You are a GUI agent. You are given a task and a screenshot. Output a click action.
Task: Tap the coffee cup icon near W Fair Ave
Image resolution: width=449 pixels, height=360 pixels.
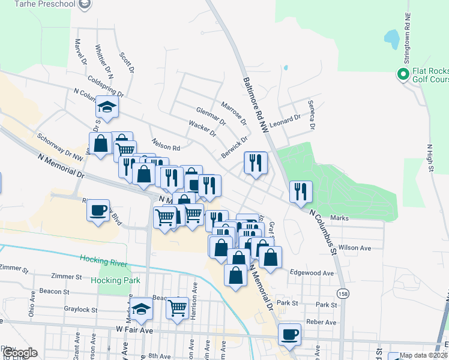(290, 334)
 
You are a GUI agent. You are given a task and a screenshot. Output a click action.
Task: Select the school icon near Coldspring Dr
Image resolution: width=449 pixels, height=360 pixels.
(106, 107)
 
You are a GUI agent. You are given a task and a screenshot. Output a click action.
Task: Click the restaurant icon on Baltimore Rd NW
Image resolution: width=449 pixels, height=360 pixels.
(256, 161)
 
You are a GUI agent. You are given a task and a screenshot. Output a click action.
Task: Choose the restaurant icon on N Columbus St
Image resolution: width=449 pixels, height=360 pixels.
(300, 191)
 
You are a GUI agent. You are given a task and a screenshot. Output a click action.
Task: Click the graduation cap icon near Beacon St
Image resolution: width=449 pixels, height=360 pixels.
(142, 308)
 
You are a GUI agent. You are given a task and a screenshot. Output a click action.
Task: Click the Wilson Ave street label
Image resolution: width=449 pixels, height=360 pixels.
(355, 247)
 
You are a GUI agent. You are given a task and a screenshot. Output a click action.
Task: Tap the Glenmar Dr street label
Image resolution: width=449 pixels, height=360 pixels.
(210, 116)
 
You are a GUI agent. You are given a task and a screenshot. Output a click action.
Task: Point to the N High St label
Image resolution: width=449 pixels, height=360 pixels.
(430, 158)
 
